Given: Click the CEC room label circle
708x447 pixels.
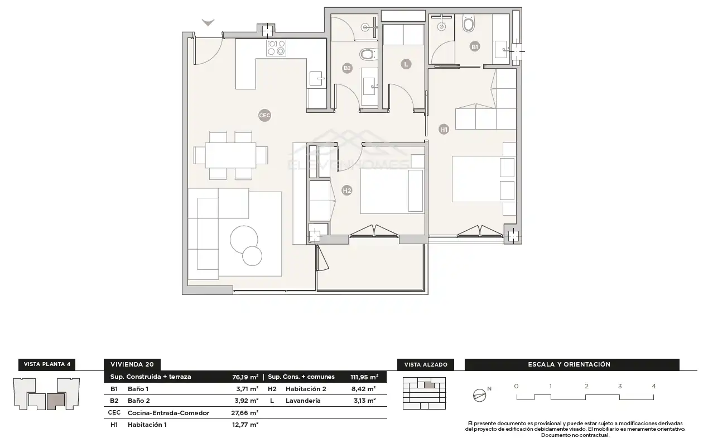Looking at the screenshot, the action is (x=264, y=116).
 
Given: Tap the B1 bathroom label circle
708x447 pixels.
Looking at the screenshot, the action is (x=474, y=47).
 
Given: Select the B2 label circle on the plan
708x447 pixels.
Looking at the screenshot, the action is (x=347, y=68).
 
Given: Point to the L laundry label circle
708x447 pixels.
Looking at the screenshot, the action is (x=406, y=64).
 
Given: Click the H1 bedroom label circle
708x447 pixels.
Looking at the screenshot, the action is (x=444, y=129).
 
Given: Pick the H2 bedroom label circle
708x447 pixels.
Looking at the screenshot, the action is (x=346, y=191).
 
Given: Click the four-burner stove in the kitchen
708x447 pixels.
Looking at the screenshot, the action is (x=276, y=48).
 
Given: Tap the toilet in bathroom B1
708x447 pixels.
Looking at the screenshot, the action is (x=469, y=22).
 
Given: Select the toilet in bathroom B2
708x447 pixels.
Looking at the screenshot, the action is (x=368, y=54).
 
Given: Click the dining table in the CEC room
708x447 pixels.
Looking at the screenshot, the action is (x=230, y=155).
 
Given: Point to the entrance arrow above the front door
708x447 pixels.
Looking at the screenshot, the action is (x=208, y=22).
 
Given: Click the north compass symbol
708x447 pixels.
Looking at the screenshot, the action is (x=479, y=396).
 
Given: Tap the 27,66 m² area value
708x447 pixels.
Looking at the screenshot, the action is (x=245, y=412).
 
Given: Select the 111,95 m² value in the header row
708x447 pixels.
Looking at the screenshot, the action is (x=364, y=377).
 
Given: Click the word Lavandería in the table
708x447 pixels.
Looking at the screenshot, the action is (x=303, y=401).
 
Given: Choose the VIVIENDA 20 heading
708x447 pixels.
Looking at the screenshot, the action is (x=132, y=364).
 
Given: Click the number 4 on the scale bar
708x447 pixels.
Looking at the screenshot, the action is (x=654, y=386).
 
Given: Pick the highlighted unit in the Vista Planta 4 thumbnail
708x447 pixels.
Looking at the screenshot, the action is (x=56, y=401).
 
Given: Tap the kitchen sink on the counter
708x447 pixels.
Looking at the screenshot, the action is (x=317, y=79).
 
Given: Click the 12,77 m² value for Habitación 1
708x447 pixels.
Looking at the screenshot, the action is (x=245, y=425).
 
